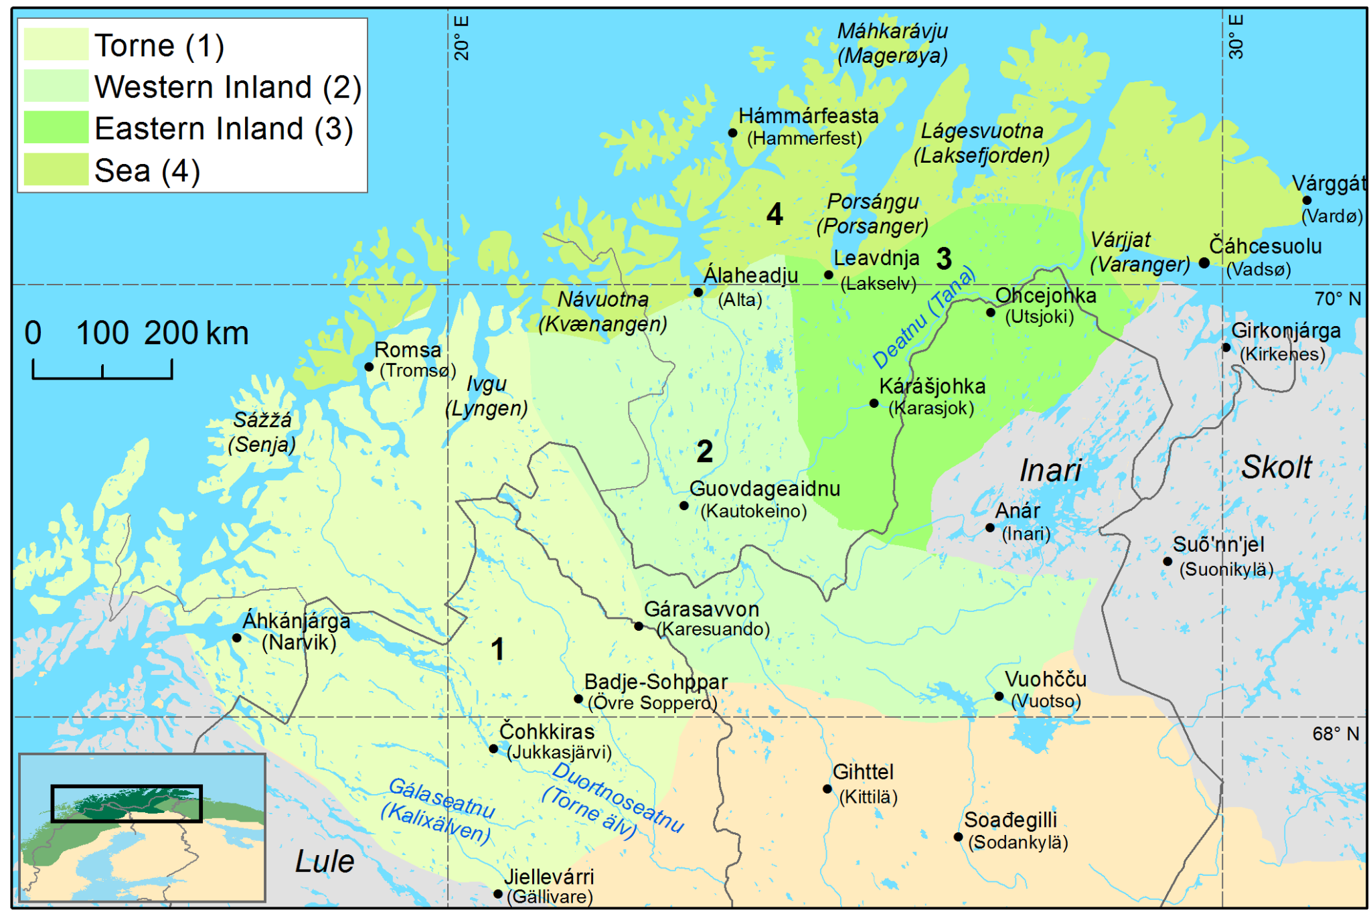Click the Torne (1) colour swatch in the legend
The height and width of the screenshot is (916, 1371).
coord(56,45)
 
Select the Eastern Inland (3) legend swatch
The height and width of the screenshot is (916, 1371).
coord(56,127)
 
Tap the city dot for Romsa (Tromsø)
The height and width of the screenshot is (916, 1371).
coord(369,367)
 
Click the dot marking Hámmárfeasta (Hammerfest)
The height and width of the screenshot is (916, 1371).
coord(733,133)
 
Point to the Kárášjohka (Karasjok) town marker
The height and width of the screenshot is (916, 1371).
coord(874,403)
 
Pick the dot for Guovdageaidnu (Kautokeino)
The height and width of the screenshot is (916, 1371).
coord(684,506)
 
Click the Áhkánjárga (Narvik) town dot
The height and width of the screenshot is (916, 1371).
coord(236,637)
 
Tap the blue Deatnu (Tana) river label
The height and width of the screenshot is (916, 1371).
coord(924,318)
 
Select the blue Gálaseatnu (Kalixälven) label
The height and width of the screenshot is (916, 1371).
coord(438,810)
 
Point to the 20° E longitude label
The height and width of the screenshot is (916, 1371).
coord(462,38)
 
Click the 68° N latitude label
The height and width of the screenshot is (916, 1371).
coord(1336,734)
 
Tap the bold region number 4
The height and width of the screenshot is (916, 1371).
coord(775,214)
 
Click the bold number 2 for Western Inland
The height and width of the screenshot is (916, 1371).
coord(704,451)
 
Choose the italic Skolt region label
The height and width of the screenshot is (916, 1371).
coord(1276,467)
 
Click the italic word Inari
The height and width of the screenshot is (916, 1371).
coord(1050,471)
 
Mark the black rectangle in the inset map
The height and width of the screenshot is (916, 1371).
coord(127,804)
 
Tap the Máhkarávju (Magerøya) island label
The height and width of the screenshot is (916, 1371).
coord(892,44)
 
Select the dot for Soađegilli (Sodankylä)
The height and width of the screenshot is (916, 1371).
coord(958,837)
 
